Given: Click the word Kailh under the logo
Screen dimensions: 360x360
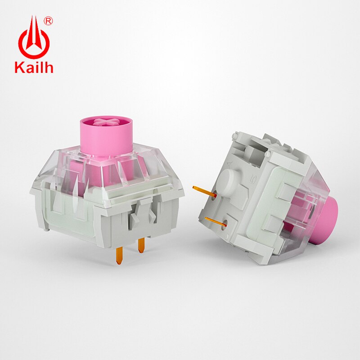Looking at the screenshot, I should click(34, 67).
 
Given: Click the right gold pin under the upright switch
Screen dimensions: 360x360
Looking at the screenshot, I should click(141, 244).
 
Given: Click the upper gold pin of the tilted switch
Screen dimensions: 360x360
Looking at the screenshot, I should click(202, 190).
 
